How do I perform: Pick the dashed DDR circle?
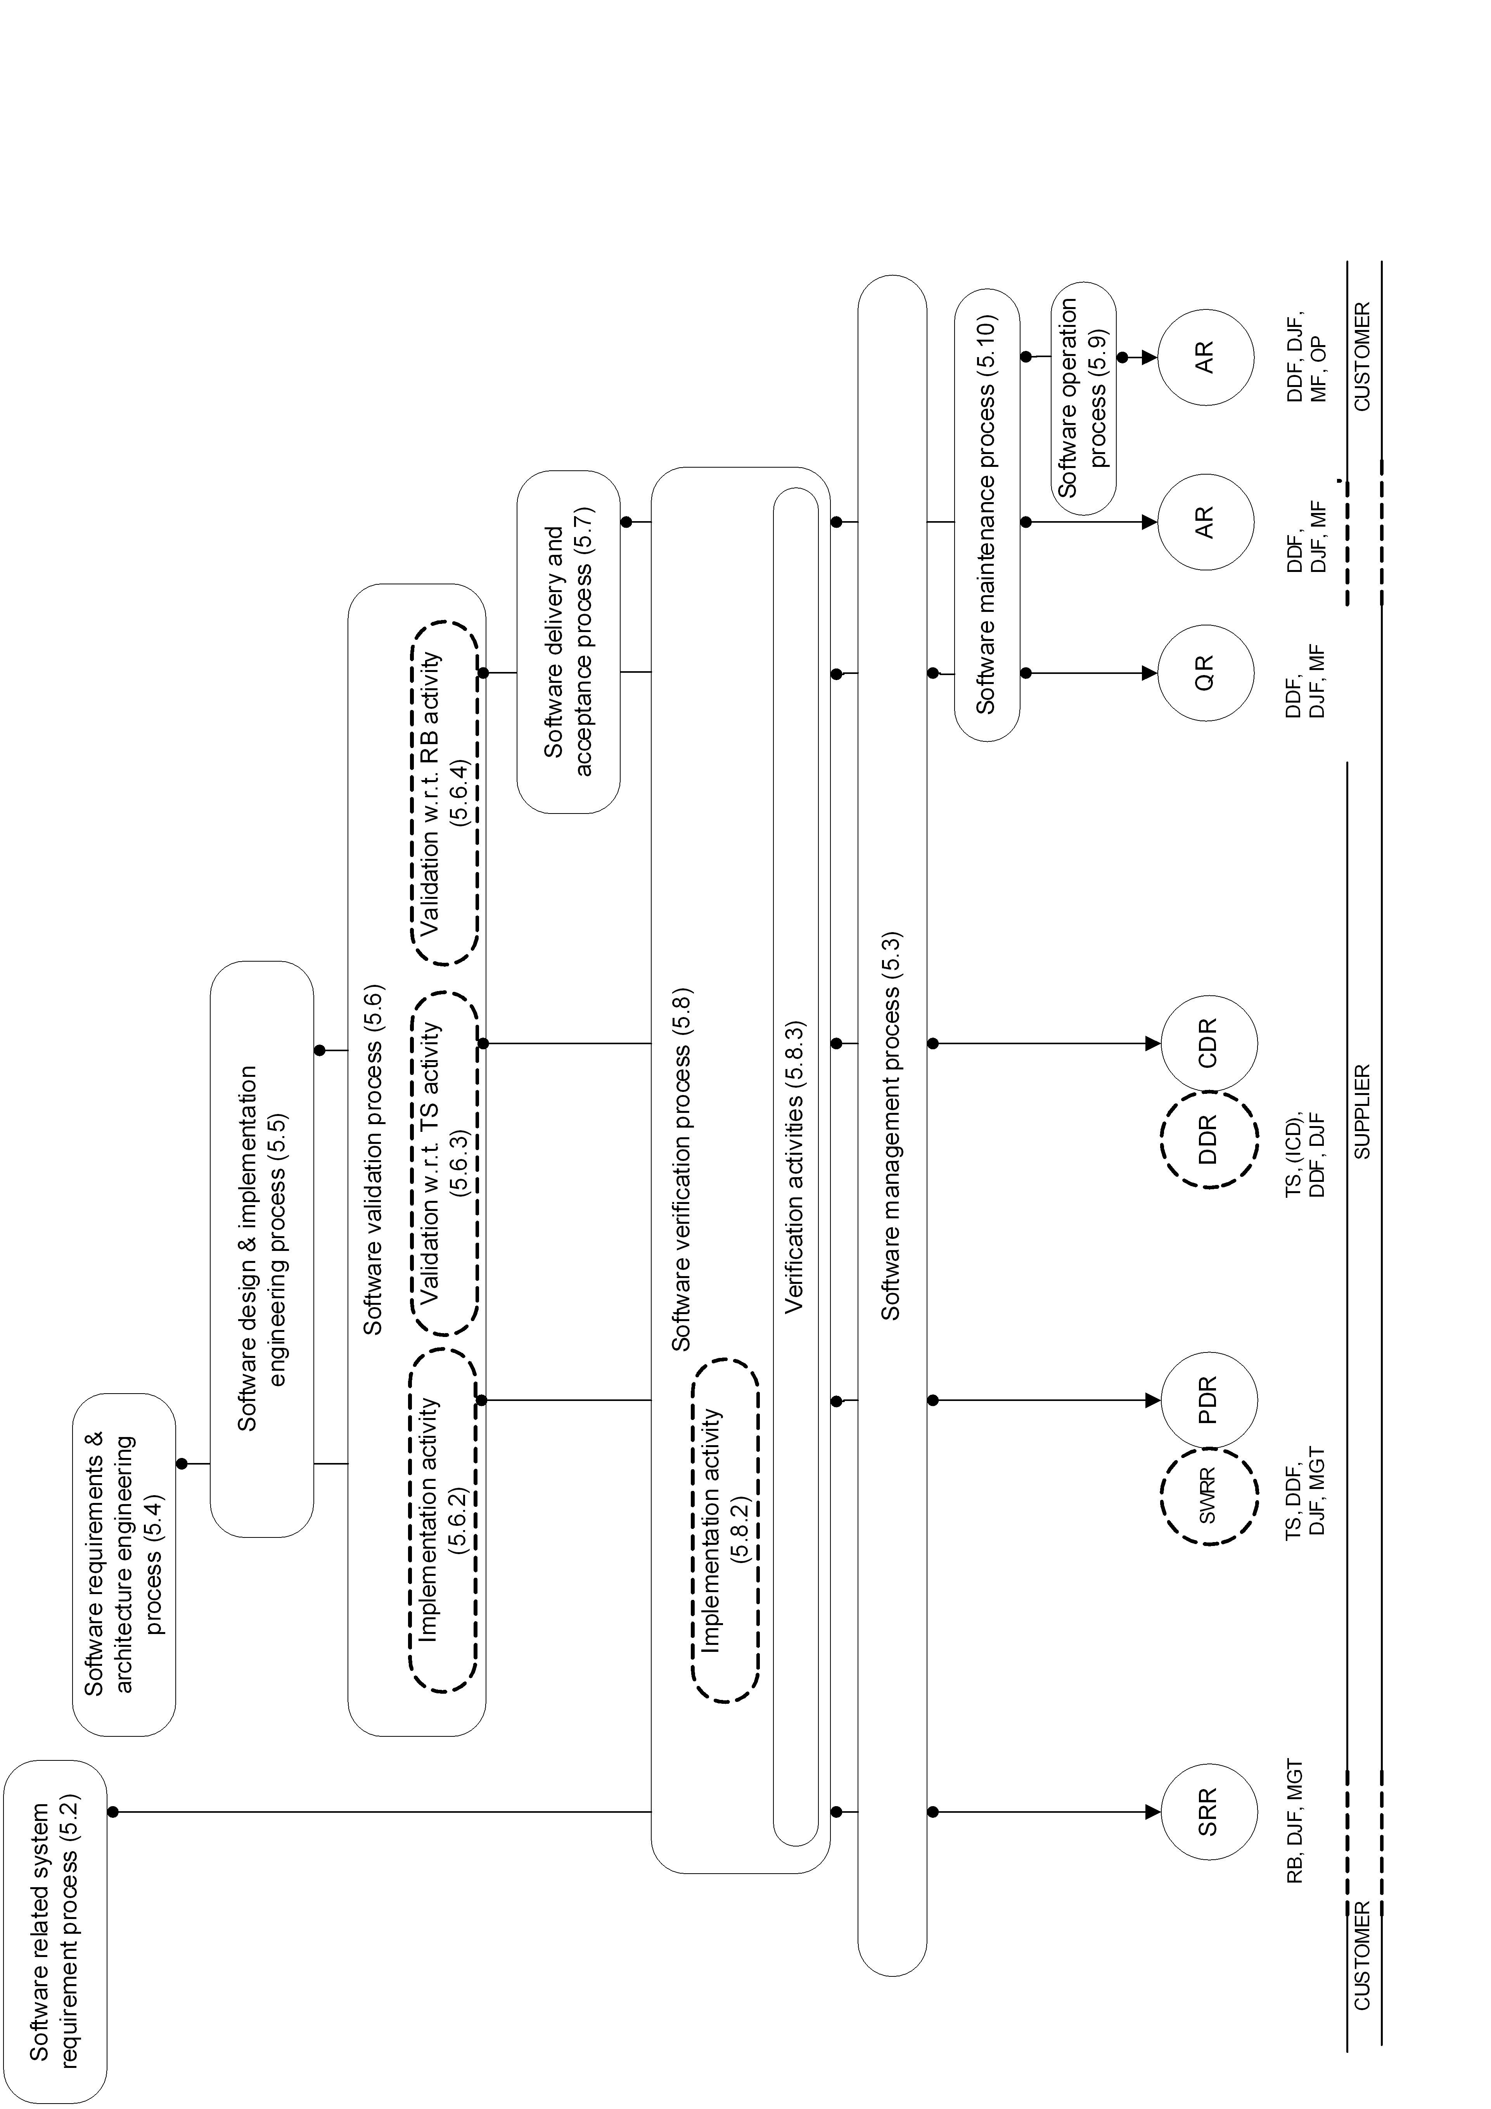(x=1207, y=1139)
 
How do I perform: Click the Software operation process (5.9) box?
(x=1084, y=398)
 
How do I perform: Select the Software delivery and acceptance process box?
(x=568, y=641)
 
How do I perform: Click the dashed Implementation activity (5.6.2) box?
(x=443, y=1520)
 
